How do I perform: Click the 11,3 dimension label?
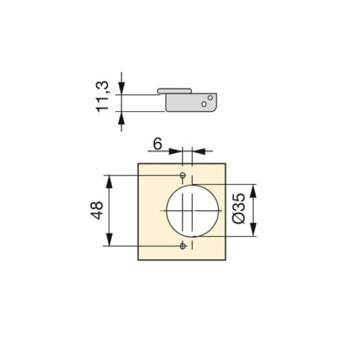pos(102,96)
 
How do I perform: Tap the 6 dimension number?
pos(157,144)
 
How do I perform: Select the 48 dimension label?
pos(97,210)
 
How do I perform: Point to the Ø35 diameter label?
pos(239,208)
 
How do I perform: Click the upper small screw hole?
pos(183,176)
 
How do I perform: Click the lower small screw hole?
pos(183,246)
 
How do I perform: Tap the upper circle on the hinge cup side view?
pos(210,98)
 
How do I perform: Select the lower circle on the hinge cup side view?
pos(204,104)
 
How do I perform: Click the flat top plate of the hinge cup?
pos(174,91)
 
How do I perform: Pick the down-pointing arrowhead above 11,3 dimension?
pos(121,88)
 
